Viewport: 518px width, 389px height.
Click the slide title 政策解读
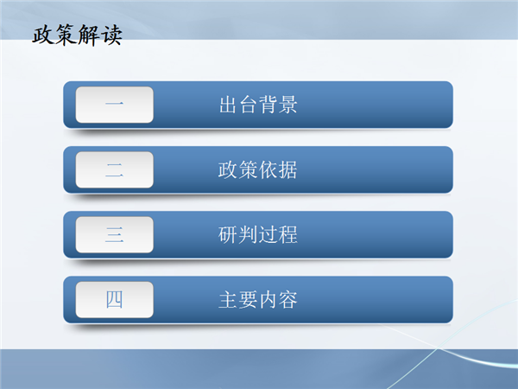tap(78, 35)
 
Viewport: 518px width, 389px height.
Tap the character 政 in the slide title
tap(43, 35)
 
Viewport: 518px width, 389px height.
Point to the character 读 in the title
tap(111, 35)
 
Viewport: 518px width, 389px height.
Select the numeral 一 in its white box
tap(114, 105)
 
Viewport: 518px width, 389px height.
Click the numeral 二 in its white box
tap(114, 169)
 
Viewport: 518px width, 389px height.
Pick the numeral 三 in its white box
tap(114, 234)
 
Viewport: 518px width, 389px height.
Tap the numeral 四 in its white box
tap(114, 300)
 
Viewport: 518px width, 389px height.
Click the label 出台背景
tap(258, 105)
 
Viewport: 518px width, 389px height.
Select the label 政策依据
tap(257, 169)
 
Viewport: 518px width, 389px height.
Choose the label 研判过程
tap(257, 234)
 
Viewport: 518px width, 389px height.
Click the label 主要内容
tap(257, 300)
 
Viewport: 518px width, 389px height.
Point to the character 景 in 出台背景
tap(287, 105)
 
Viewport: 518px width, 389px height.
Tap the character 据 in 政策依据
tap(287, 169)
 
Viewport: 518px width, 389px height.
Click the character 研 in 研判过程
tap(228, 234)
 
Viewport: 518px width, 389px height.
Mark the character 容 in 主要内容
tap(287, 300)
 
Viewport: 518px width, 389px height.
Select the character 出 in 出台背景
tap(228, 105)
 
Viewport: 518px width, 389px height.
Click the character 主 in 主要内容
tap(228, 300)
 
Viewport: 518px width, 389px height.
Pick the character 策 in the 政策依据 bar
tap(248, 169)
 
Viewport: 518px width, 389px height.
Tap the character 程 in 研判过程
tap(287, 234)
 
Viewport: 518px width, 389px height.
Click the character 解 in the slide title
tap(89, 35)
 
